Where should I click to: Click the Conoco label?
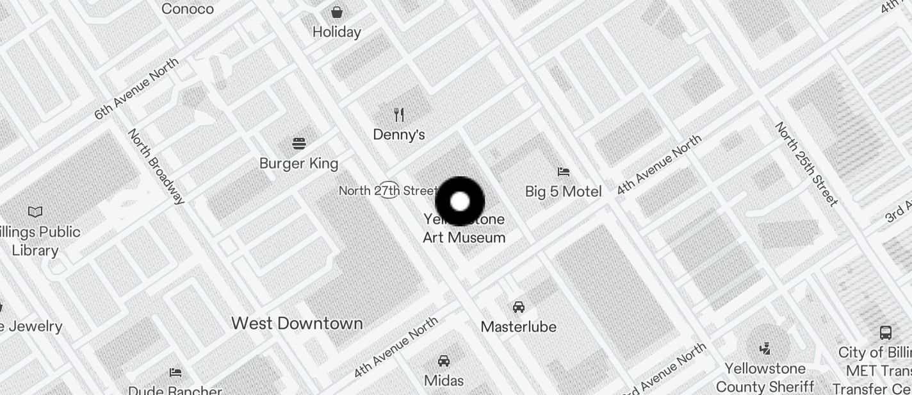pyautogui.click(x=188, y=9)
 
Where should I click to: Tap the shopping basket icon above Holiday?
pyautogui.click(x=337, y=12)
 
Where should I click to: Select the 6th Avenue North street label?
pyautogui.click(x=136, y=88)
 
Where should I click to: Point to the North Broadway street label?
pyautogui.click(x=156, y=166)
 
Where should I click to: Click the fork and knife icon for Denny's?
pyautogui.click(x=399, y=115)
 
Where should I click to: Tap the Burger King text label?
pyautogui.click(x=298, y=164)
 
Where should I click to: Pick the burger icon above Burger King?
pyautogui.click(x=299, y=143)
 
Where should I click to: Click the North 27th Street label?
pyautogui.click(x=387, y=190)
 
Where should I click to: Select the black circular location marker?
pyautogui.click(x=460, y=201)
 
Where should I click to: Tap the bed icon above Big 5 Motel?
pyautogui.click(x=564, y=171)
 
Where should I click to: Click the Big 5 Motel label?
pyautogui.click(x=564, y=191)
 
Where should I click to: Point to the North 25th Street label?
pyautogui.click(x=806, y=164)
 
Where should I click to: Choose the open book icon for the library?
pyautogui.click(x=35, y=212)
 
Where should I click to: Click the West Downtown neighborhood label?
pyautogui.click(x=297, y=323)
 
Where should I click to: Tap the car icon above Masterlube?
pyautogui.click(x=519, y=307)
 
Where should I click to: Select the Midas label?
pyautogui.click(x=444, y=380)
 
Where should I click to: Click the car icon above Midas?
pyautogui.click(x=444, y=361)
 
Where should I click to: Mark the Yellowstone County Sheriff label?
pyautogui.click(x=765, y=378)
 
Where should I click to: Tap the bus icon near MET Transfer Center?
pyautogui.click(x=886, y=333)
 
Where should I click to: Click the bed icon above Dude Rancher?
pyautogui.click(x=175, y=372)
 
